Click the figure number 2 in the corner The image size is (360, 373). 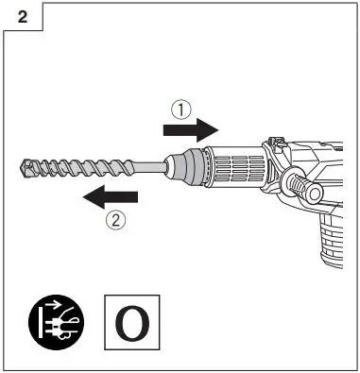20,16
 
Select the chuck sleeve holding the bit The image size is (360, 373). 194,167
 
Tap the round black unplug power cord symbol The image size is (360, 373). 55,320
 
